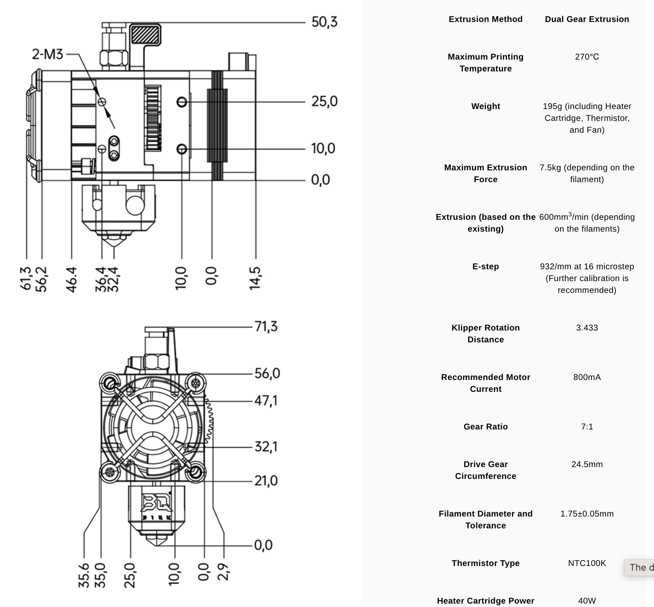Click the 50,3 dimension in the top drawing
324,22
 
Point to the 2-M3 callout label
47,54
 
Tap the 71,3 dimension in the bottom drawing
266,327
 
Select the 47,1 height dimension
266,400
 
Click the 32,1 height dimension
266,447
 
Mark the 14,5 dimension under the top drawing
255,279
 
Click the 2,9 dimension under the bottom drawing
224,572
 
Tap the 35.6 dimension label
84,575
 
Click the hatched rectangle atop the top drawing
145,35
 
